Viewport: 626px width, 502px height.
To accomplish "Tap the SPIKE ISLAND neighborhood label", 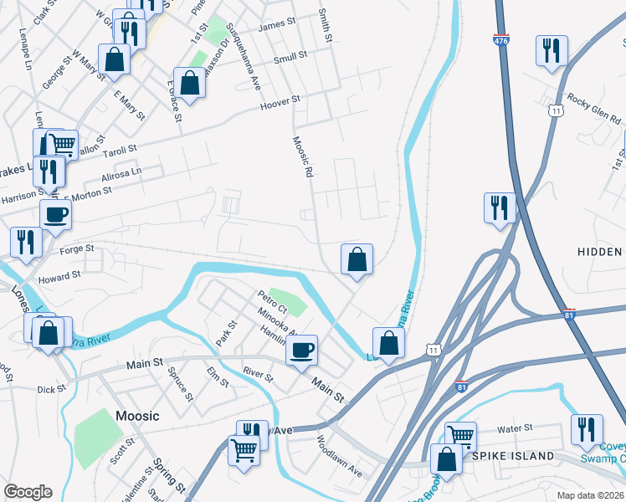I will click(x=512, y=456).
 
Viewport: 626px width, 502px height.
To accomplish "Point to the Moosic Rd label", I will click(x=302, y=156).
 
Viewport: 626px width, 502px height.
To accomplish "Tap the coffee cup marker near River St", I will click(x=302, y=349).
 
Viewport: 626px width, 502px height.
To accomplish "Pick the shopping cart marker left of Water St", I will click(x=460, y=435).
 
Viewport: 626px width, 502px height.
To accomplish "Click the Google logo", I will click(x=28, y=492).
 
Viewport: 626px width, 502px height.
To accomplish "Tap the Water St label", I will click(x=515, y=428).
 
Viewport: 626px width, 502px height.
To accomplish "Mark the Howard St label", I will click(x=59, y=274).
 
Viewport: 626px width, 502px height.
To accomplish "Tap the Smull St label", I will click(x=290, y=57).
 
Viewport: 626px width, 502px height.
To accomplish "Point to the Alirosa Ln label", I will click(x=121, y=172).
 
